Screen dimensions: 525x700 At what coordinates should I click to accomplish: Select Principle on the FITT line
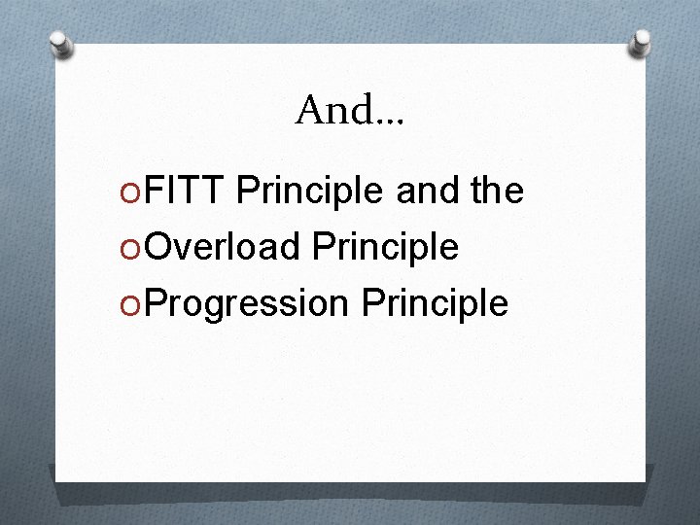click(x=310, y=192)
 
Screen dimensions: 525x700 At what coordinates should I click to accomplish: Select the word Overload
click(x=224, y=247)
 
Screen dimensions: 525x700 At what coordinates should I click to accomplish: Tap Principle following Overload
click(x=385, y=248)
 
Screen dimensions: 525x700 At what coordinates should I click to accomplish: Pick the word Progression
click(x=249, y=303)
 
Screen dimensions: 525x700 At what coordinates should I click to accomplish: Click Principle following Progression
click(x=435, y=303)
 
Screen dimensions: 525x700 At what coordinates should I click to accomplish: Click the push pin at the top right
click(x=640, y=41)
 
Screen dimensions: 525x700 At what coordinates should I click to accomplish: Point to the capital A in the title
click(x=311, y=111)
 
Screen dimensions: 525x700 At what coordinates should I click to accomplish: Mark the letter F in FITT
click(x=154, y=192)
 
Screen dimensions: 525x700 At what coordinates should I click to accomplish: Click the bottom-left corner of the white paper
click(x=56, y=480)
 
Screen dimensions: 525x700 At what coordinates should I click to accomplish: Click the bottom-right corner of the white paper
click(x=646, y=482)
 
